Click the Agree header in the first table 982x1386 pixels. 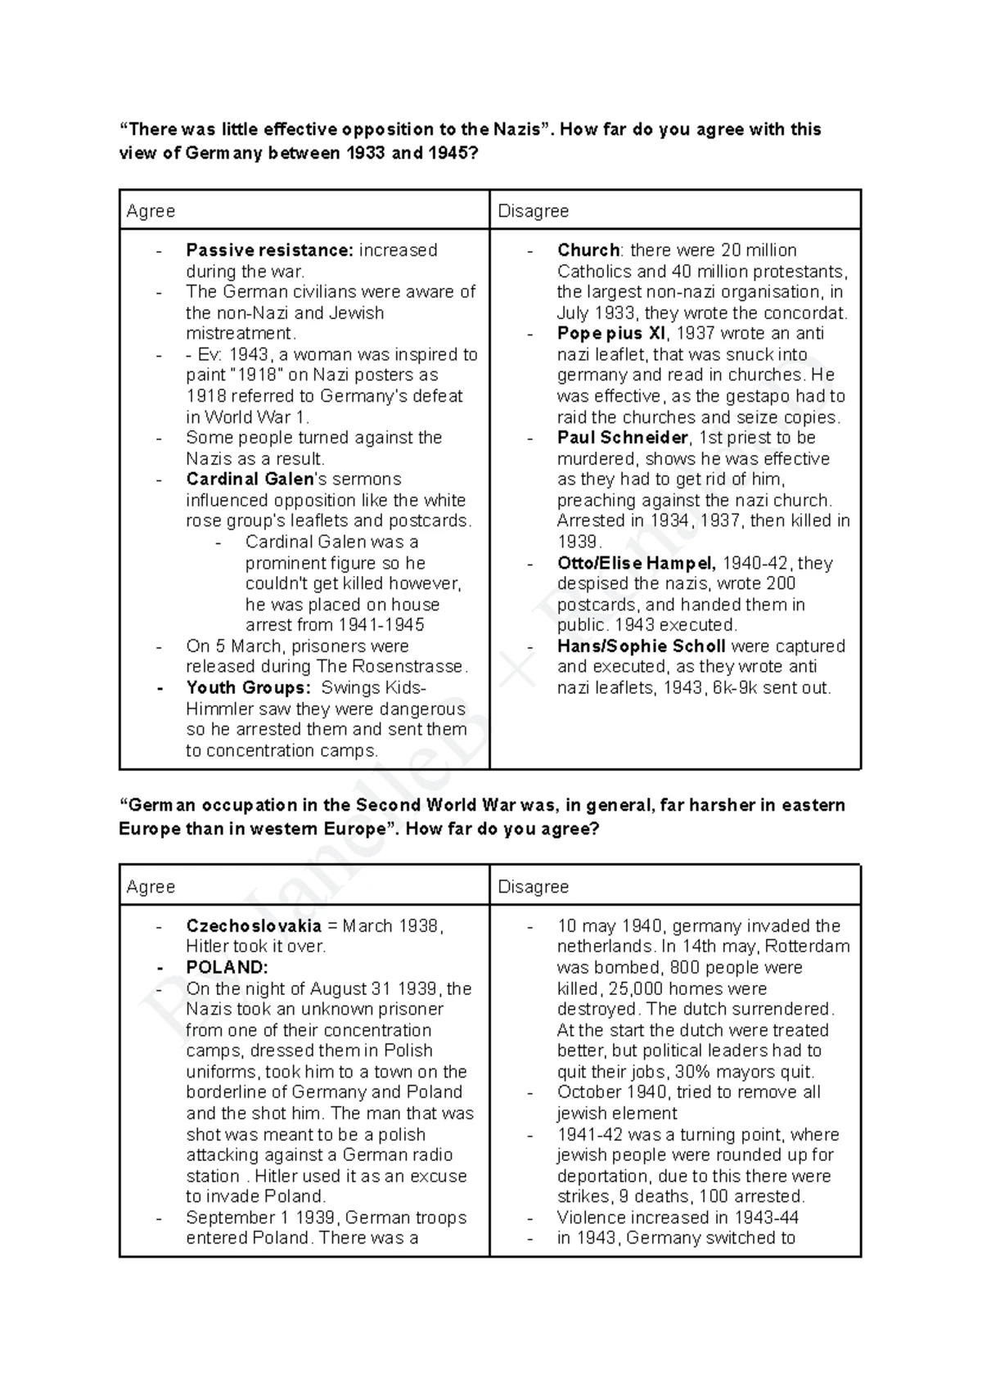click(x=151, y=211)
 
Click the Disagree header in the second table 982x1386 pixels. click(x=533, y=887)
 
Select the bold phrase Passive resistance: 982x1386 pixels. click(x=269, y=250)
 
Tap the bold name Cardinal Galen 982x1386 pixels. click(x=250, y=479)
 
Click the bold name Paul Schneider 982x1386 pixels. click(x=623, y=438)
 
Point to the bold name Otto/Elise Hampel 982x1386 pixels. click(x=636, y=563)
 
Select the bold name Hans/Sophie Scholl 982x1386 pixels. click(x=642, y=646)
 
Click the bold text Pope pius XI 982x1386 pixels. click(x=612, y=334)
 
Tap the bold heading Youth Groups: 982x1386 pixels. click(x=248, y=688)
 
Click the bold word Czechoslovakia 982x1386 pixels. click(x=254, y=926)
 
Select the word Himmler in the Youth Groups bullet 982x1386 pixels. click(x=215, y=709)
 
